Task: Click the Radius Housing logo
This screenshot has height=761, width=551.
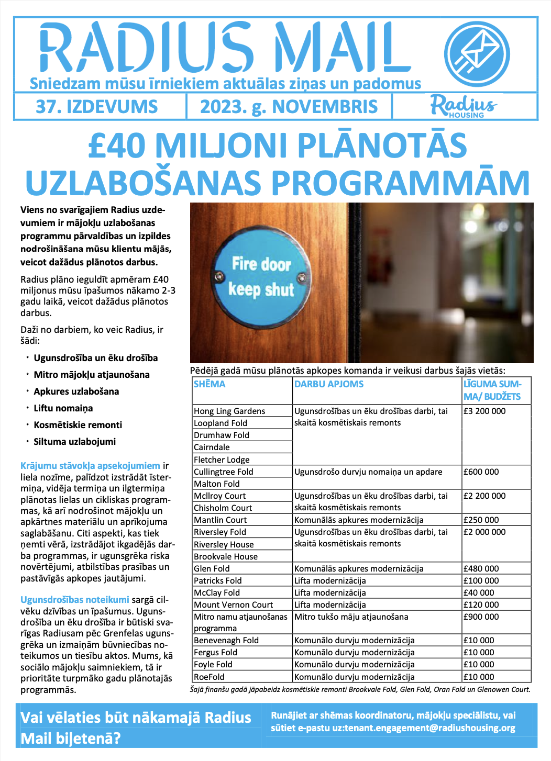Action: tap(464, 106)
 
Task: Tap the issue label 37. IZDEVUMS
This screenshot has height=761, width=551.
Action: tap(97, 107)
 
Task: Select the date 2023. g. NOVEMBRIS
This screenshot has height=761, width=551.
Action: tap(289, 107)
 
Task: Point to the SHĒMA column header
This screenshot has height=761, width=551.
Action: tap(210, 384)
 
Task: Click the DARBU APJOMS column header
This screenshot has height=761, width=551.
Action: tap(329, 384)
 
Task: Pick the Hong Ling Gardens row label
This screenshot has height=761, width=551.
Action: tap(229, 411)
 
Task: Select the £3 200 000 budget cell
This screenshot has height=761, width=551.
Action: tap(484, 411)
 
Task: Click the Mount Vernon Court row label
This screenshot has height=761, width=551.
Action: tap(233, 605)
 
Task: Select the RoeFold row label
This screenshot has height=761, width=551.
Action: tap(209, 677)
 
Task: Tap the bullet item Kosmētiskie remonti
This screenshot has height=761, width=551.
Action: tap(78, 425)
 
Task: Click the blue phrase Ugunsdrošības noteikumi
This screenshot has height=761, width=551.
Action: tap(75, 600)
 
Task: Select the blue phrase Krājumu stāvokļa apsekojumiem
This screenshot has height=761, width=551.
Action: tap(91, 466)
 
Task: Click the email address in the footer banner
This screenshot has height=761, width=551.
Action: tap(424, 728)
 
